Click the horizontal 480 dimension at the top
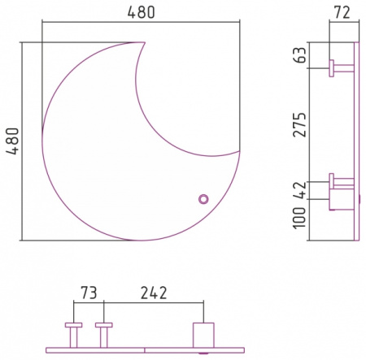tap(141, 12)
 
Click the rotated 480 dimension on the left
tap(13, 141)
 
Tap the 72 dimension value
tap(342, 12)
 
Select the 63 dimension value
tap(300, 55)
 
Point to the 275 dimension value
tap(300, 124)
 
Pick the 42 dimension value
tap(300, 190)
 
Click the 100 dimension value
tap(299, 218)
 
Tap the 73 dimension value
tap(89, 293)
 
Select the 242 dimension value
tap(154, 293)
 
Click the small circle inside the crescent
tap(203, 199)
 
